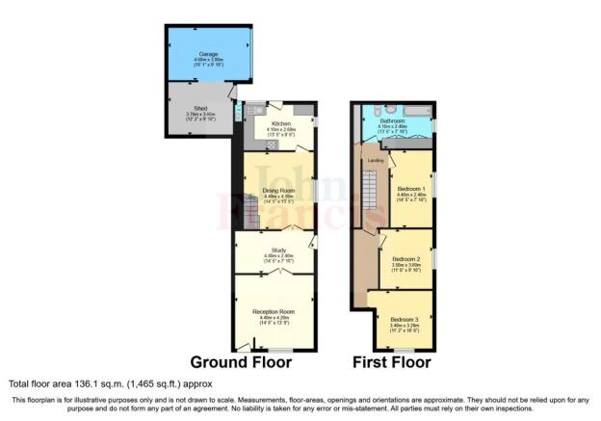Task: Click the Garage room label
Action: click(x=207, y=54)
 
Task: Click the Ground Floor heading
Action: click(x=240, y=363)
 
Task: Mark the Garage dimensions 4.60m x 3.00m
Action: click(x=207, y=60)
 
